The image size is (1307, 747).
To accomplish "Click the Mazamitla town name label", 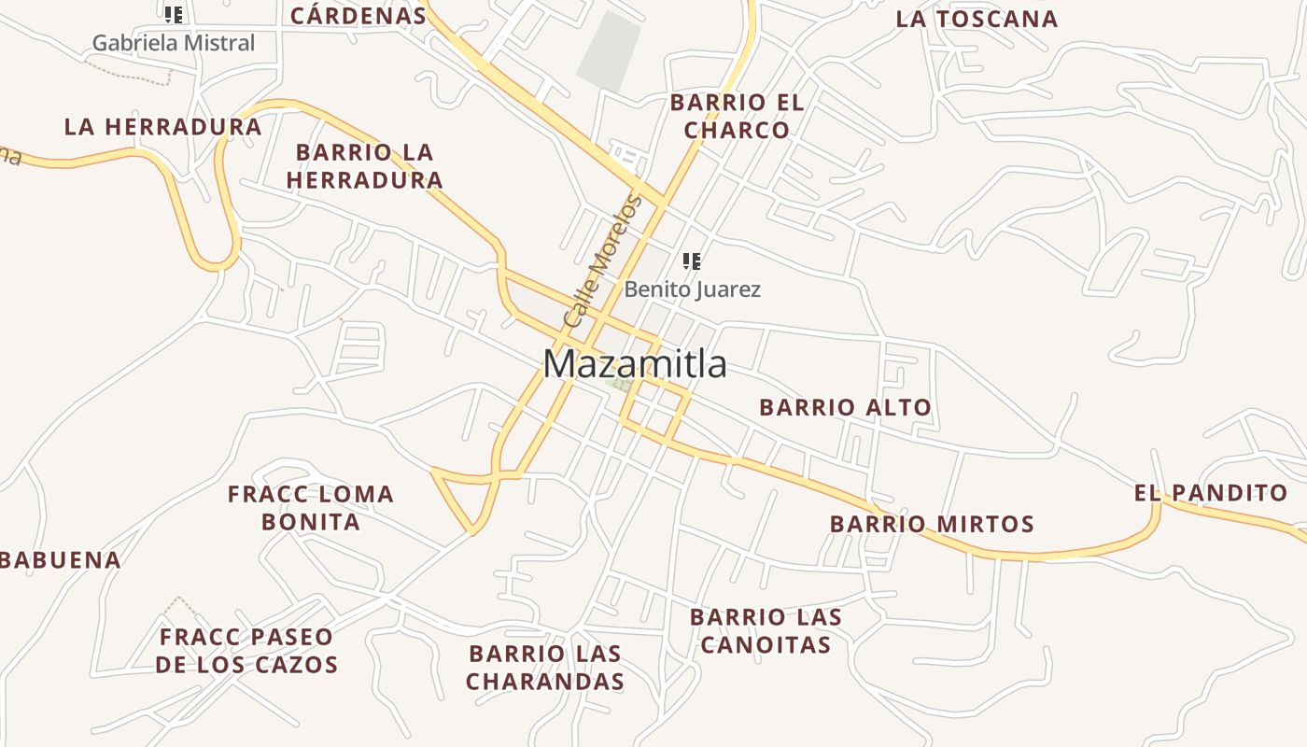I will click(x=635, y=364).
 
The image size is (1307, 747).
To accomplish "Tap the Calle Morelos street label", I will click(x=603, y=261).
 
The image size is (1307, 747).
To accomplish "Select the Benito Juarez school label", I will click(x=692, y=289).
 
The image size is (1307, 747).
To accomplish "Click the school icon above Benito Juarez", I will click(x=692, y=261).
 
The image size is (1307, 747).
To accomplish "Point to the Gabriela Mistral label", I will click(x=174, y=43).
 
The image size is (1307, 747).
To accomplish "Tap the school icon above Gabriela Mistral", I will click(x=174, y=15).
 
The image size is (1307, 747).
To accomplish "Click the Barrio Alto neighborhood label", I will click(x=845, y=407).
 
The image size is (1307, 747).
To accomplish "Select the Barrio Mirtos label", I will click(x=932, y=524).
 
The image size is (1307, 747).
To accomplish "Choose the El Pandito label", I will click(x=1211, y=493).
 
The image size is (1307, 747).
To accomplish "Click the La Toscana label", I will click(x=977, y=19).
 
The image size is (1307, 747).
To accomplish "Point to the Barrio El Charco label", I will click(x=737, y=116).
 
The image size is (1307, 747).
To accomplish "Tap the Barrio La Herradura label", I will click(x=364, y=166).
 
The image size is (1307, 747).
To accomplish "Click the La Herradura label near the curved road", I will click(x=162, y=127).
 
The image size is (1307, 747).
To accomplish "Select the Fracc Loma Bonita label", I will click(x=311, y=507).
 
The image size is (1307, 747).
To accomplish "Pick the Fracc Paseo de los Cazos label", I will click(x=246, y=651).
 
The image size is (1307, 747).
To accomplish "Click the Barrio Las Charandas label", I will click(x=545, y=667).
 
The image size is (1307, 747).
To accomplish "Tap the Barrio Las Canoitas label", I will click(x=766, y=630).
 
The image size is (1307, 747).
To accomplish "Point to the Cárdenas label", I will click(x=358, y=15).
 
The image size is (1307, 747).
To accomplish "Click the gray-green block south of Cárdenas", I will click(x=610, y=50).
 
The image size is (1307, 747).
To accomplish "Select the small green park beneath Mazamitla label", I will click(x=617, y=383).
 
